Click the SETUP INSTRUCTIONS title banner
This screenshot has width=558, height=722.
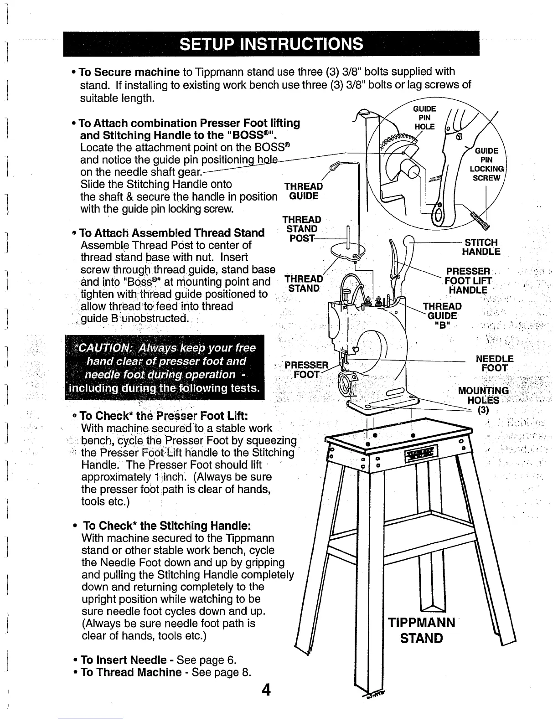(271, 44)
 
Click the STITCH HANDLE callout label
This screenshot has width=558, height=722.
(481, 247)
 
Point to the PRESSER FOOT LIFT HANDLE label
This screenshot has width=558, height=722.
(468, 281)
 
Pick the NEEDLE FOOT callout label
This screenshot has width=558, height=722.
(495, 363)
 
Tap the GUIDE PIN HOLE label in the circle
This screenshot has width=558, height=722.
(424, 118)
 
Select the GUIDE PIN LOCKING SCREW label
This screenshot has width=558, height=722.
(486, 165)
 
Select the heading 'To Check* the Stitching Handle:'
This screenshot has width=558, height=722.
(167, 526)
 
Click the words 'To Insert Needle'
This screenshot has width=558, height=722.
(123, 660)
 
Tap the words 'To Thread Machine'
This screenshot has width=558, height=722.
(130, 672)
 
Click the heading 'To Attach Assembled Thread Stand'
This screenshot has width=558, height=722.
(172, 233)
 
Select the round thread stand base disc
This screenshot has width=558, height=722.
(348, 249)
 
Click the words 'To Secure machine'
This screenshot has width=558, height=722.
(129, 72)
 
